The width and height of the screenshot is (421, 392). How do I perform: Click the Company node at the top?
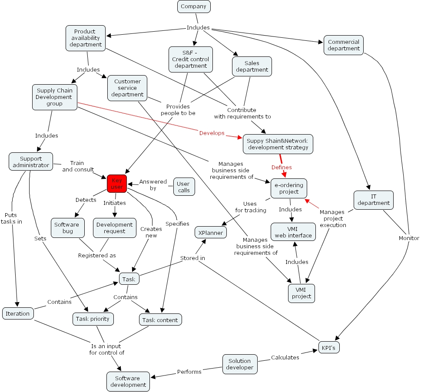(x=194, y=7)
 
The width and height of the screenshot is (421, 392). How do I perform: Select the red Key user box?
(x=116, y=184)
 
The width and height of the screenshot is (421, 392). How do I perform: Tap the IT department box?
(x=373, y=200)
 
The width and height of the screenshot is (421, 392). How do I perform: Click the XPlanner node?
(x=211, y=233)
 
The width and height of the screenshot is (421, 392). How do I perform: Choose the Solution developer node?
(x=240, y=364)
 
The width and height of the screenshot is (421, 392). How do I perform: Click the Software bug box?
(x=66, y=228)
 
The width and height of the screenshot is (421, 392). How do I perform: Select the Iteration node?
(x=18, y=313)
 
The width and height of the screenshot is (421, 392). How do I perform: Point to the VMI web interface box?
(x=293, y=232)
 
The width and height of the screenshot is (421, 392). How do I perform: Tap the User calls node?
(x=184, y=187)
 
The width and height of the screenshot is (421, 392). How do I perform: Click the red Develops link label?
(x=212, y=133)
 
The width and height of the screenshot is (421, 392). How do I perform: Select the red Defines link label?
(x=282, y=167)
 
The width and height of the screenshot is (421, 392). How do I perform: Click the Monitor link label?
(x=409, y=238)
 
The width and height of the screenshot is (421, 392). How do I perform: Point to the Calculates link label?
(x=285, y=357)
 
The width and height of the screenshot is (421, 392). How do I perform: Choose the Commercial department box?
(x=343, y=45)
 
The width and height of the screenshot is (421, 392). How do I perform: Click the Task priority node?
(x=93, y=319)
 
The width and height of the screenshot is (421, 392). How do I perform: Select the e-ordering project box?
(x=289, y=188)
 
